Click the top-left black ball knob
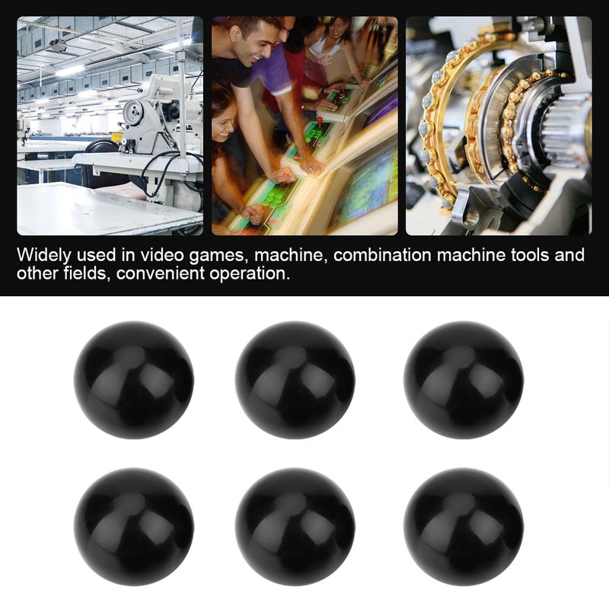[134, 380]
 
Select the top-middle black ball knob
[295, 380]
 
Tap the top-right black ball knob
[464, 380]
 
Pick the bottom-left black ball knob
[134, 527]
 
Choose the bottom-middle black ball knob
[295, 527]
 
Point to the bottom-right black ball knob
[464, 527]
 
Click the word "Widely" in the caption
[44, 256]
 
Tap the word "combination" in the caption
[382, 255]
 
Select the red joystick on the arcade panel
[320, 122]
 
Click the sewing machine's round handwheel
[133, 113]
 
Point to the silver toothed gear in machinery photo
[565, 128]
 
